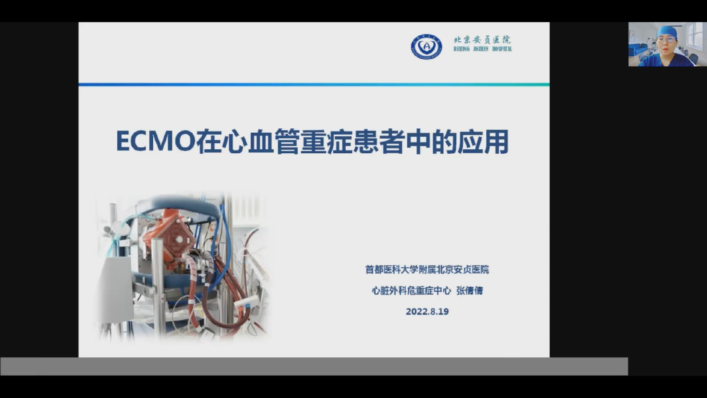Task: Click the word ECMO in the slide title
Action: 156,141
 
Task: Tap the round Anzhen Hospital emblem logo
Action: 426,46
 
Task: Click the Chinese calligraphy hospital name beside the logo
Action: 482,40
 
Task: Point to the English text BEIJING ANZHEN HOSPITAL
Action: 482,48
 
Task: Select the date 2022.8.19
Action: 427,312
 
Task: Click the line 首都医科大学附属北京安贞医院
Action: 427,270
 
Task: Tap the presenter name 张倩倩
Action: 469,291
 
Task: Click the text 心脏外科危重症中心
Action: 411,291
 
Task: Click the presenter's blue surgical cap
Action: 667,31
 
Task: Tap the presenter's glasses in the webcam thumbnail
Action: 666,40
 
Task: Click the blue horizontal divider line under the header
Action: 314,84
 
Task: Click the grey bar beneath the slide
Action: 314,367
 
